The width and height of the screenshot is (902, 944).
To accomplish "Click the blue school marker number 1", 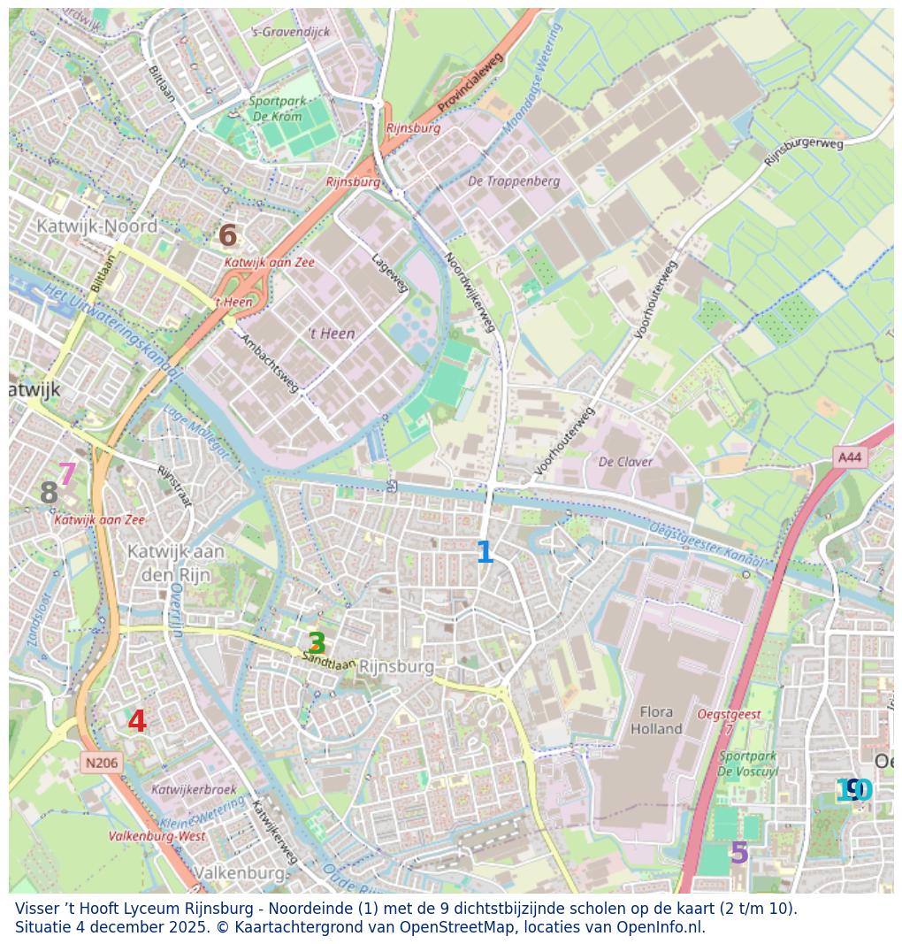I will pyautogui.click(x=484, y=553).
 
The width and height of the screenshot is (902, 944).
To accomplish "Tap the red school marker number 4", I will pyautogui.click(x=137, y=722).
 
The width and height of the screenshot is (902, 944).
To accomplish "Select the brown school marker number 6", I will pyautogui.click(x=227, y=236).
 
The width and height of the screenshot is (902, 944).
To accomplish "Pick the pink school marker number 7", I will pyautogui.click(x=67, y=474).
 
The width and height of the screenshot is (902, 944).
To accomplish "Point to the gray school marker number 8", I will pyautogui.click(x=49, y=494).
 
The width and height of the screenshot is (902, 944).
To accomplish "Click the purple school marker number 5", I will pyautogui.click(x=738, y=853).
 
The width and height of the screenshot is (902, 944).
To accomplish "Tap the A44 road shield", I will pyautogui.click(x=849, y=457).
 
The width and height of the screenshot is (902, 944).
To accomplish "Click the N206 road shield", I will pyautogui.click(x=102, y=763).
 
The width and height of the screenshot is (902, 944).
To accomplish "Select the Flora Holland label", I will pyautogui.click(x=656, y=720).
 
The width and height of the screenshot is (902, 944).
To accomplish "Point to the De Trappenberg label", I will pyautogui.click(x=514, y=181).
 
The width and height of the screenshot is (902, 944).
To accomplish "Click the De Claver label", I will pyautogui.click(x=625, y=462).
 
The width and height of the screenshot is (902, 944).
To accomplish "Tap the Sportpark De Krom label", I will pyautogui.click(x=278, y=109).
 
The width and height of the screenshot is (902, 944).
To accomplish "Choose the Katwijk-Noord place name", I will pyautogui.click(x=96, y=226).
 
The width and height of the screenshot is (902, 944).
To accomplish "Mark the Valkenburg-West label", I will pyautogui.click(x=157, y=836).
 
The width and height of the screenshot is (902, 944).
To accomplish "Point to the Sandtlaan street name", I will pyautogui.click(x=329, y=659).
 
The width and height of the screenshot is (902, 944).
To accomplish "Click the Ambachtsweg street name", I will pyautogui.click(x=270, y=364).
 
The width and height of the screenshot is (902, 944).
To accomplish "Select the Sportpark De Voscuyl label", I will pyautogui.click(x=748, y=764).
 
